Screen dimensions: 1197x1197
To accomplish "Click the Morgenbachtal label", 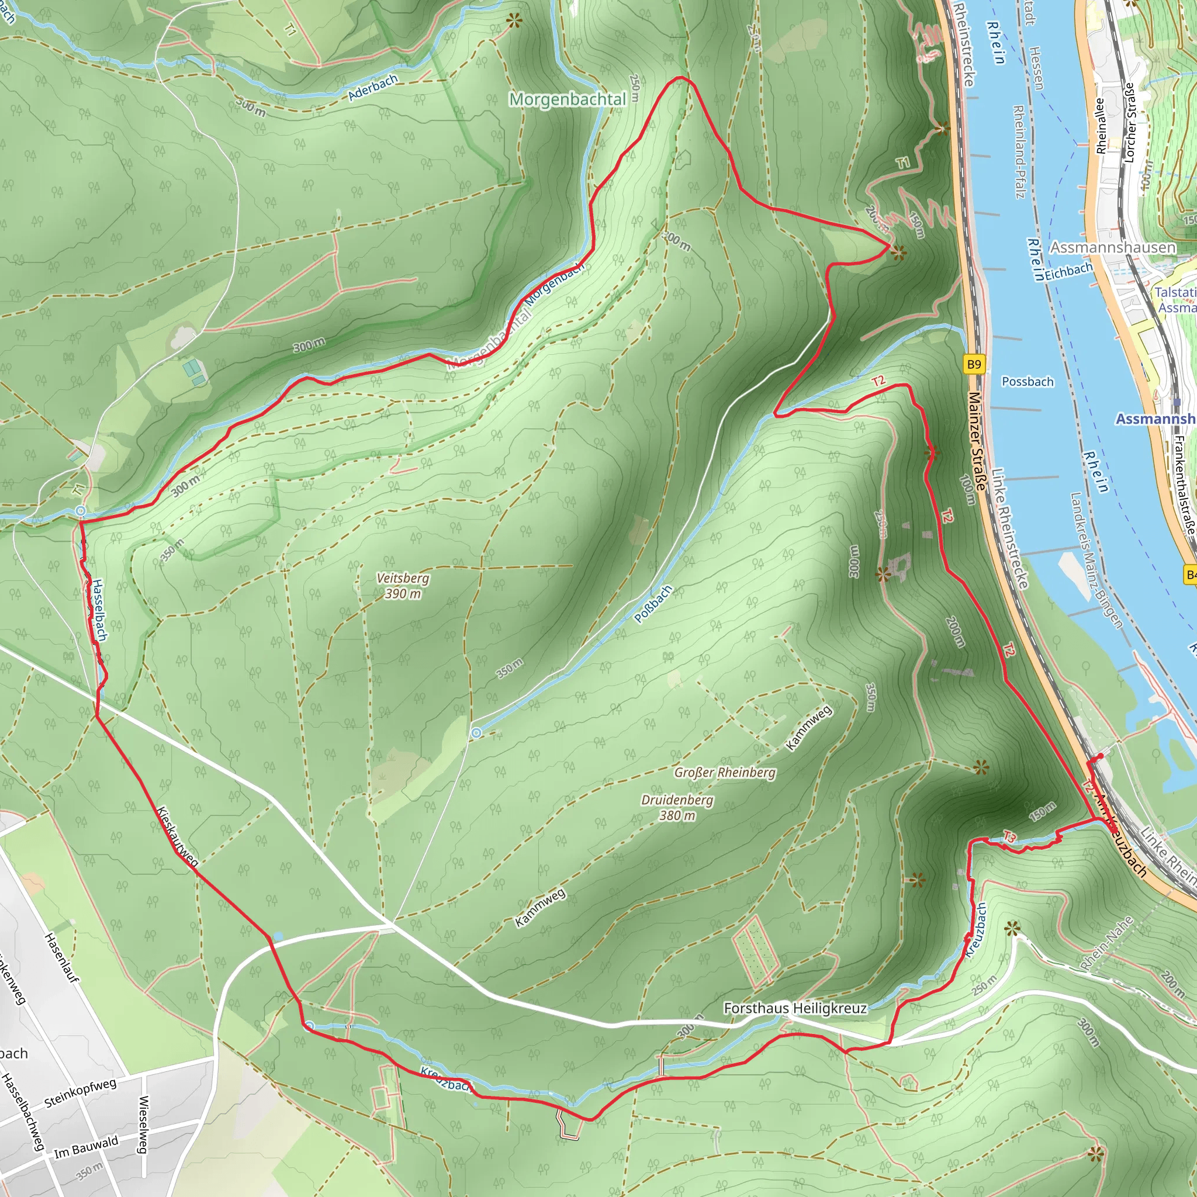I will click(567, 99).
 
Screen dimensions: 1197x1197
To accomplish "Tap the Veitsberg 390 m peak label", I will click(403, 586).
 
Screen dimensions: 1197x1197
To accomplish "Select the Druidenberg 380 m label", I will click(677, 808).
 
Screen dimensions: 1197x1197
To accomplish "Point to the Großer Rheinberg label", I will click(725, 773).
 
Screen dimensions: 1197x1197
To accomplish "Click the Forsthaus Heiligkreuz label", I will click(795, 1008).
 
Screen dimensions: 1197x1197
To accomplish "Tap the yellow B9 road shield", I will click(974, 364).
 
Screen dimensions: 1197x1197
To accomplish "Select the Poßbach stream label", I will click(653, 604).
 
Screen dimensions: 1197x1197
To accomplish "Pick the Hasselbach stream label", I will click(99, 610).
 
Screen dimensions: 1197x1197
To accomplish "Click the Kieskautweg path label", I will click(178, 836).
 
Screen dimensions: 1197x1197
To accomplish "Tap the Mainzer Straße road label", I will click(977, 441).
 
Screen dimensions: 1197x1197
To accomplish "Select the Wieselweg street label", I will click(143, 1125).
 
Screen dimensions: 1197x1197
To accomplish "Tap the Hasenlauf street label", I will click(62, 958).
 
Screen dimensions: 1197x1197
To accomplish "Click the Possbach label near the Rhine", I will click(1028, 382).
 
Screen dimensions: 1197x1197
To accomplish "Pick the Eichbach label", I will click(1069, 271).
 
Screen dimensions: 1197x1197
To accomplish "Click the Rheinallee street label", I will click(1101, 126).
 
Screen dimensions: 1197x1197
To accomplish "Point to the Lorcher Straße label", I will click(1129, 123).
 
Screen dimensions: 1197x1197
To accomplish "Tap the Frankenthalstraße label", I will click(1184, 486).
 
